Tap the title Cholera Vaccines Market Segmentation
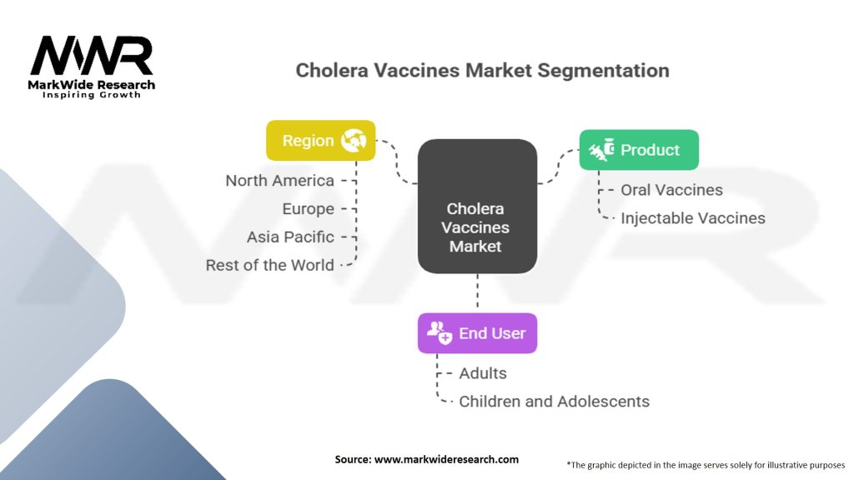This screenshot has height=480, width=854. click(x=482, y=70)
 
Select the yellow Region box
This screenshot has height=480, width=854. click(x=320, y=141)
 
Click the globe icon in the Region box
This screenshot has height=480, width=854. click(x=353, y=141)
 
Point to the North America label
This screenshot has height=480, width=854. click(x=279, y=181)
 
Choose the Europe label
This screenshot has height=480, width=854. click(x=308, y=209)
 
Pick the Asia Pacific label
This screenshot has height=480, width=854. click(x=290, y=237)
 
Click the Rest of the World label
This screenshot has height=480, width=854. click(x=269, y=266)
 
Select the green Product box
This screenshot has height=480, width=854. click(x=639, y=150)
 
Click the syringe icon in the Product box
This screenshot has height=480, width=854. click(x=601, y=150)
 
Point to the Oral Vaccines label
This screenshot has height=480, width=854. click(x=671, y=190)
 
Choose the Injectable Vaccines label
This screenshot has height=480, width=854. click(x=692, y=218)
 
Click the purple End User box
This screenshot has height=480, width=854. click(x=477, y=333)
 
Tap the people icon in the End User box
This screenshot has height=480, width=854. click(x=439, y=333)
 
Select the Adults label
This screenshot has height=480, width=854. click(x=483, y=373)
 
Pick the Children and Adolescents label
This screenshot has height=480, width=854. click(x=554, y=402)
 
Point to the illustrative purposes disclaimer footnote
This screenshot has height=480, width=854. click(x=706, y=464)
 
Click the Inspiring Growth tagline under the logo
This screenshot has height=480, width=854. click(x=92, y=95)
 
